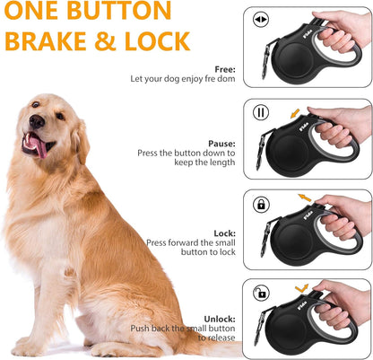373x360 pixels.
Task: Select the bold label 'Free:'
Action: (224, 69)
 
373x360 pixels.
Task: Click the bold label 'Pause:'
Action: (221, 142)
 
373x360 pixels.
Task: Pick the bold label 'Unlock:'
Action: (220, 318)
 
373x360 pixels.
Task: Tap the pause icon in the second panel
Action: (262, 113)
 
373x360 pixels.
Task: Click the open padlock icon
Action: (262, 293)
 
